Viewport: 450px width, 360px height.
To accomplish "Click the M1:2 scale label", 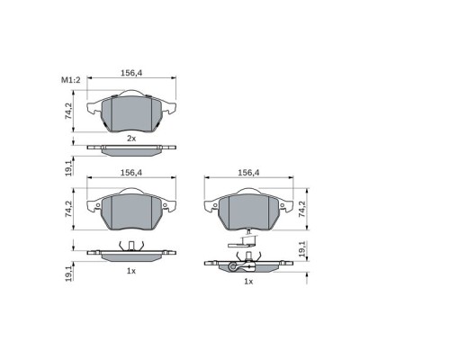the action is (x=71, y=80).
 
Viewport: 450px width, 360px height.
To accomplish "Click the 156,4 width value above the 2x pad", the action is (x=131, y=73).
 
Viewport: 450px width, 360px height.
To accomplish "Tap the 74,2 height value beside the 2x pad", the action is (x=68, y=112).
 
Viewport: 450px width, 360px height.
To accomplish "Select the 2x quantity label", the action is (x=131, y=139).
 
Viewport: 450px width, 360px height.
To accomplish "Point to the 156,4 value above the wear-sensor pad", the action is (x=248, y=173).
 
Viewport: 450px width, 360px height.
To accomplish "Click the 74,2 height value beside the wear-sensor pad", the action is (x=301, y=209).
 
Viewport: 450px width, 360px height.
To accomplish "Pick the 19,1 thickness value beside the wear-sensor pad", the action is (x=301, y=248).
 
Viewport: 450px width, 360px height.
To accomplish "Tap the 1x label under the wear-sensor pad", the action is (x=248, y=282).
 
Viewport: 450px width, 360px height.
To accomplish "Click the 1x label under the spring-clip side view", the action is (x=131, y=271).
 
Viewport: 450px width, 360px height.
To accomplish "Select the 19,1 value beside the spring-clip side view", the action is (x=68, y=274).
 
